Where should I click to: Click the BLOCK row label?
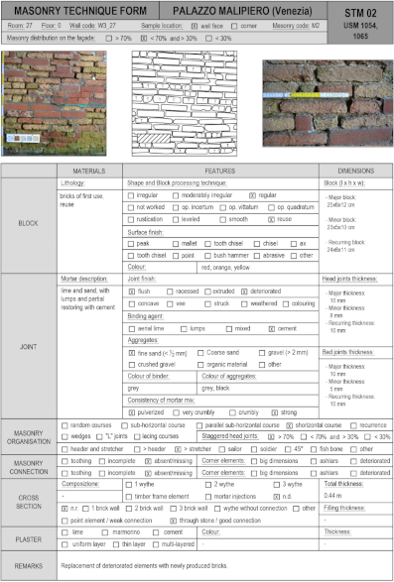(31, 224)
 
